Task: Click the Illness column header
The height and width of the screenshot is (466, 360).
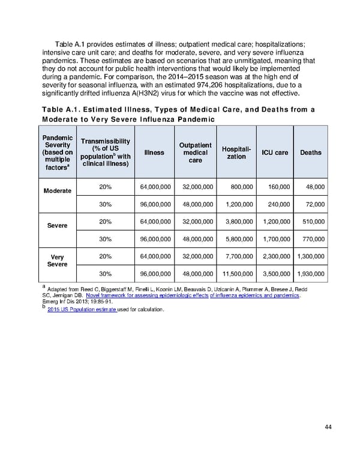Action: point(154,153)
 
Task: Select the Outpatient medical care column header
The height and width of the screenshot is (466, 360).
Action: point(195,153)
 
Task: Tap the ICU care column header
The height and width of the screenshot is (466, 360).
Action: point(275,153)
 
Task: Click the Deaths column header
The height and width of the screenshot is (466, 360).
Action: point(311,153)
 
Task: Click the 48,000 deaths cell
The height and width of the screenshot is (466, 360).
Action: point(314,187)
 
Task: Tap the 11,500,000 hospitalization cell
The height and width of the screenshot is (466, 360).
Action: point(236,274)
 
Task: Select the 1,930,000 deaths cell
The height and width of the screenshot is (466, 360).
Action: point(311,274)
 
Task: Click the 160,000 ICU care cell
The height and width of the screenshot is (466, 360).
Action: point(277,187)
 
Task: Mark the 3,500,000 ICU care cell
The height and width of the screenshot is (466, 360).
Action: point(275,274)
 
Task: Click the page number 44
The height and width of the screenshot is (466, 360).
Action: point(328,427)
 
